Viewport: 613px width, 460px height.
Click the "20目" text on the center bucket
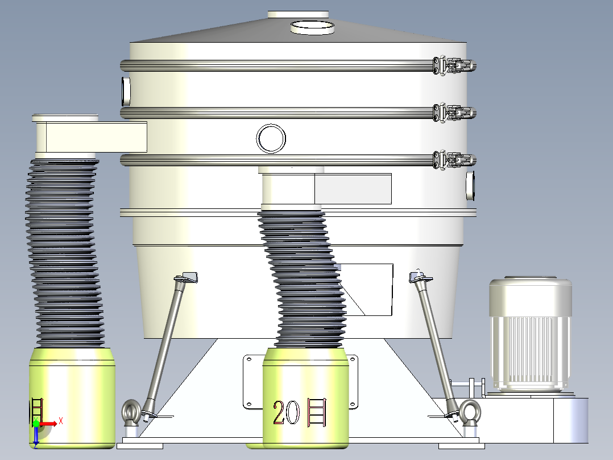300,413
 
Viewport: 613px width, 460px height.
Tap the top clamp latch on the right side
454,65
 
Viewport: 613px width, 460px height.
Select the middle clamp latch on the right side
454,113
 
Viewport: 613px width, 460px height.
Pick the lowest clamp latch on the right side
454,160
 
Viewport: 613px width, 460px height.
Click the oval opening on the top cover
312,26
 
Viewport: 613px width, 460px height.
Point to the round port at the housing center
271,138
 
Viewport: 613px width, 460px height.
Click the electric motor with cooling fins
530,333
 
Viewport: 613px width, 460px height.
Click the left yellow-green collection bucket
73,399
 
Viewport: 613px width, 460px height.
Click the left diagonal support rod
166,342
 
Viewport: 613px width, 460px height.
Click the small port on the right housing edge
470,185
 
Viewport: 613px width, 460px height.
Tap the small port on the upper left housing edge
126,90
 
